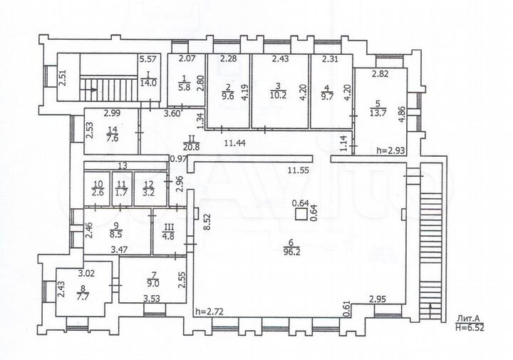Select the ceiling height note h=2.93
tap(392, 150)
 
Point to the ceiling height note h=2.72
tap(210, 312)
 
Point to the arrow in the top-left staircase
tap(89, 90)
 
